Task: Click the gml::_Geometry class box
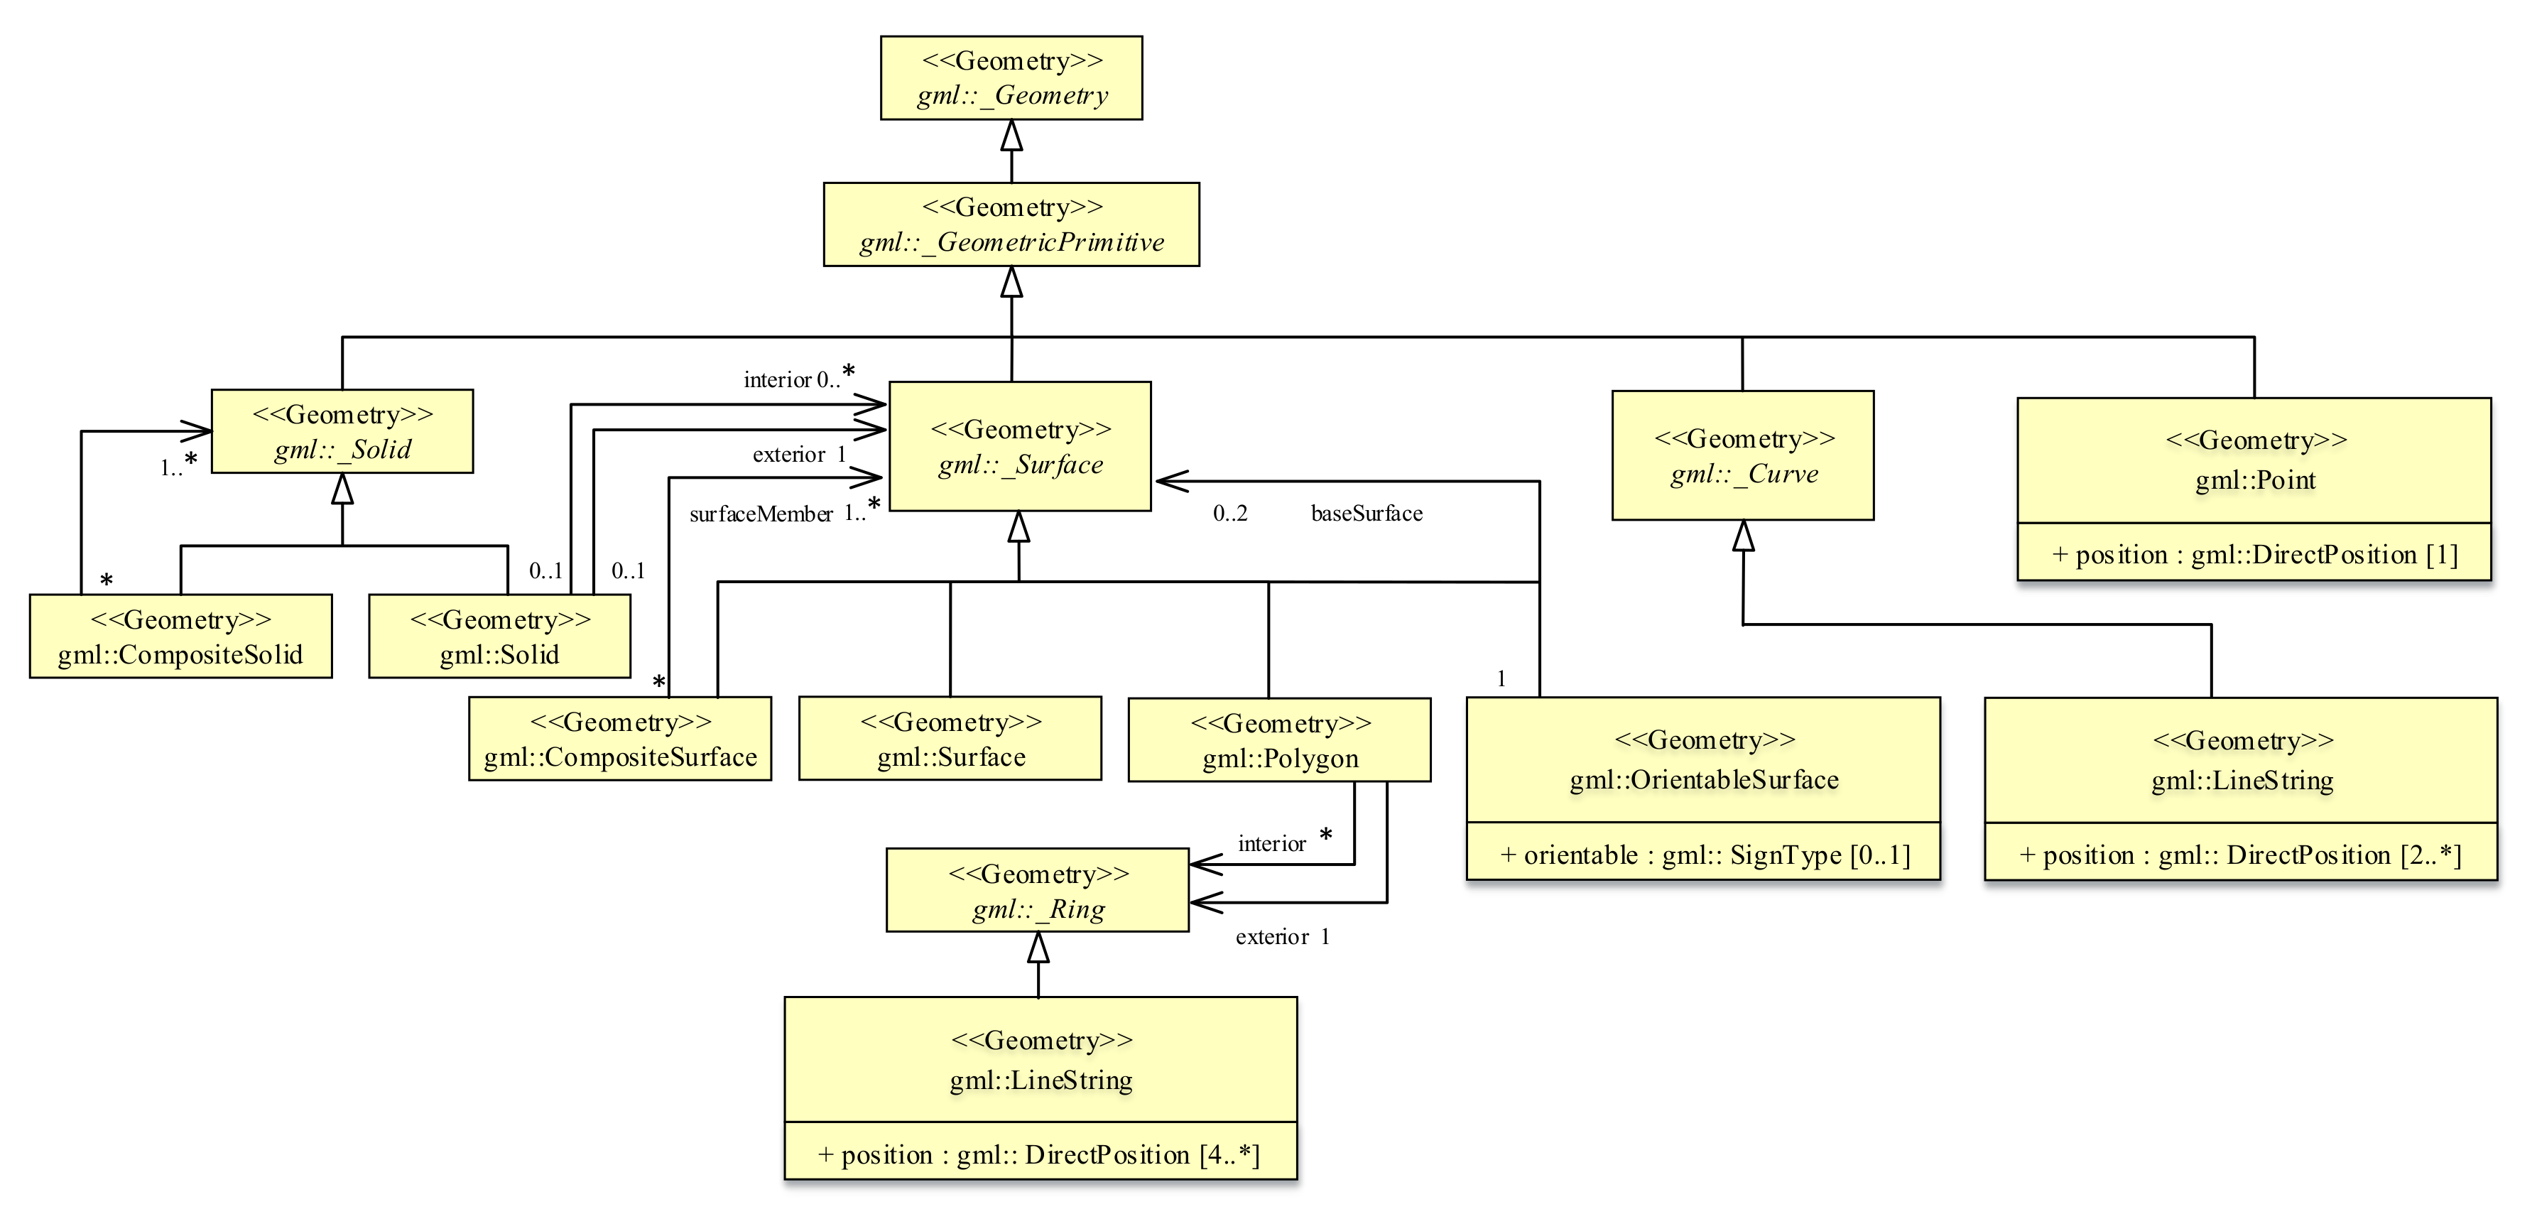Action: tap(1011, 78)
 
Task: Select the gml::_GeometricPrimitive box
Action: tap(1011, 224)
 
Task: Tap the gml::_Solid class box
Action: tap(342, 431)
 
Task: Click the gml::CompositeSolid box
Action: tap(180, 636)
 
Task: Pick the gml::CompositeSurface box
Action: tap(619, 739)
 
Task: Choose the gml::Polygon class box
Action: tap(1279, 740)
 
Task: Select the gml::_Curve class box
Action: tap(1742, 456)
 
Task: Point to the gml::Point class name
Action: tap(2254, 480)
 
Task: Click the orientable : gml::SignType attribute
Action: tap(1704, 855)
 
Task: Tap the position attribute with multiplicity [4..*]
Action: tap(1039, 1154)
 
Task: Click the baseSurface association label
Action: tap(1366, 513)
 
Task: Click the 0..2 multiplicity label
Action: tap(1230, 513)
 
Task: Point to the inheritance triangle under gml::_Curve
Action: tap(1743, 536)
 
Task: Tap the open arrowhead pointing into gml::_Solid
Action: tap(196, 430)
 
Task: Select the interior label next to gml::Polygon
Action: tap(1271, 844)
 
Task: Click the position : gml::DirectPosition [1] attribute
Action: tap(2254, 554)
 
